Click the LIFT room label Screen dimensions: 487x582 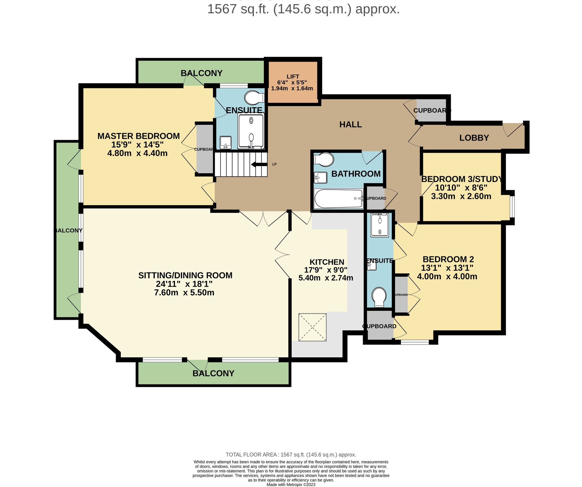tap(293, 77)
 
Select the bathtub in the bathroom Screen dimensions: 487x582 tap(338, 199)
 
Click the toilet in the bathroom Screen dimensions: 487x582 tap(324, 159)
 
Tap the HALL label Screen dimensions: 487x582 tap(350, 124)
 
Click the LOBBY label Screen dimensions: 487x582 tap(474, 138)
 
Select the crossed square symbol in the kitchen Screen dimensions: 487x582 tap(312, 327)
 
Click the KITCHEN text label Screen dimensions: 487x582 tap(327, 262)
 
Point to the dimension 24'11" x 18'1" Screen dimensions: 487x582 tap(184, 284)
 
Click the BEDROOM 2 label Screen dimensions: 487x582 tap(448, 259)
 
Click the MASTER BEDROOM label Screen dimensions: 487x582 tap(138, 136)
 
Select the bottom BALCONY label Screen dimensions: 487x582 tap(213, 373)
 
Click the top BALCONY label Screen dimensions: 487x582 tap(201, 73)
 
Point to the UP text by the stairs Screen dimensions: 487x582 tap(274, 164)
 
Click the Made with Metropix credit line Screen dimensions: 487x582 tap(291, 485)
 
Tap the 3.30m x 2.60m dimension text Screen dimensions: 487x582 tap(461, 196)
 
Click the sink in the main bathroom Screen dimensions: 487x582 tap(320, 177)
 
